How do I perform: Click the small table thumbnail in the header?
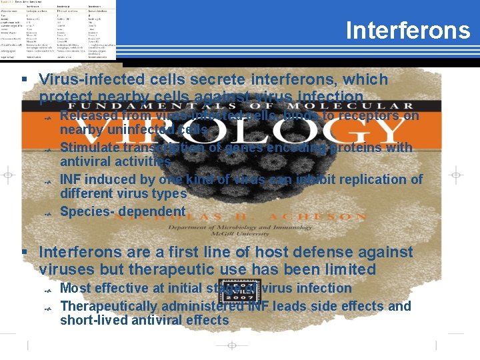(58, 30)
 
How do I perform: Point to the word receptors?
(369, 116)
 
